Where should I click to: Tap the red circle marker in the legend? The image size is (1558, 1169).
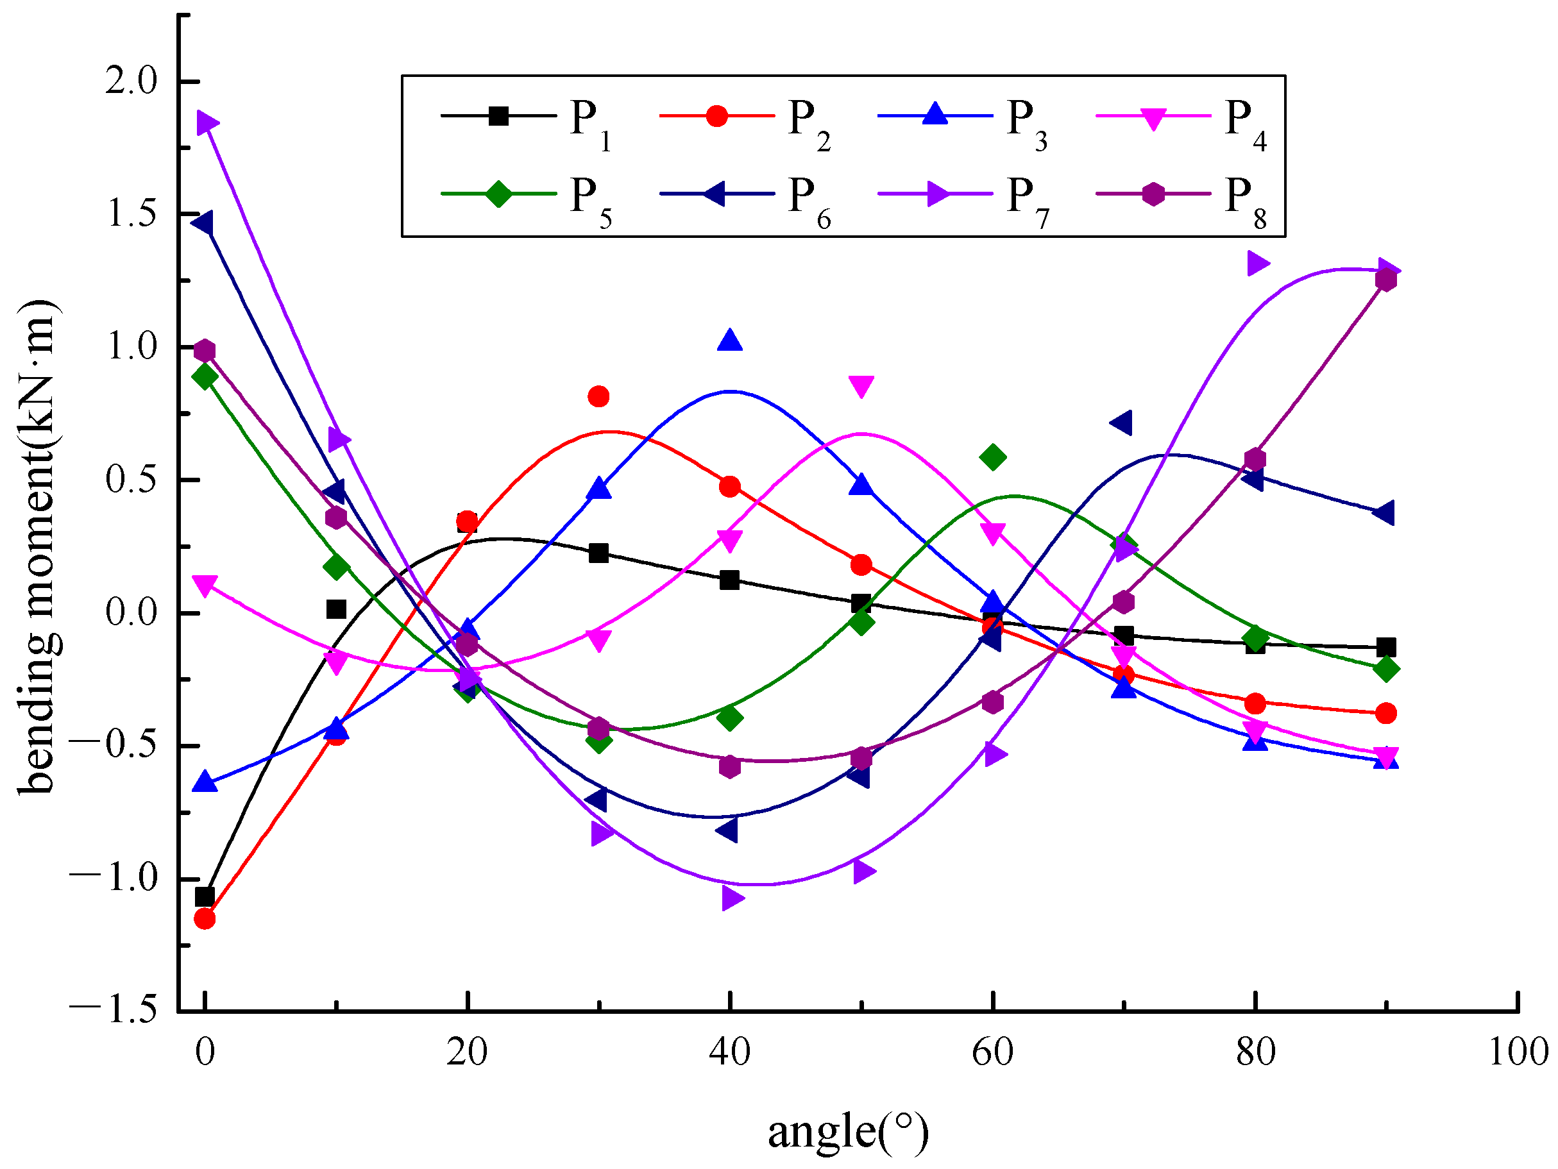pyautogui.click(x=716, y=115)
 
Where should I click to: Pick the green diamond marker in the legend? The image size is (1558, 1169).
pyautogui.click(x=498, y=194)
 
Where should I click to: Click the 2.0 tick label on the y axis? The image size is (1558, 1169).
pyautogui.click(x=131, y=81)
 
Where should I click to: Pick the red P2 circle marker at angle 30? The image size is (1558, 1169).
pyautogui.click(x=598, y=396)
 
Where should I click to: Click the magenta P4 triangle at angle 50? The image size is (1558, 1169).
pyautogui.click(x=861, y=386)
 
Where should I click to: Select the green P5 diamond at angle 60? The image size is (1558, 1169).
pyautogui.click(x=992, y=458)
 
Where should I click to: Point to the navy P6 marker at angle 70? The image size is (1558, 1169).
pyautogui.click(x=1121, y=423)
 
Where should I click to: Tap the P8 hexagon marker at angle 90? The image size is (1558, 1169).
pyautogui.click(x=1385, y=280)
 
